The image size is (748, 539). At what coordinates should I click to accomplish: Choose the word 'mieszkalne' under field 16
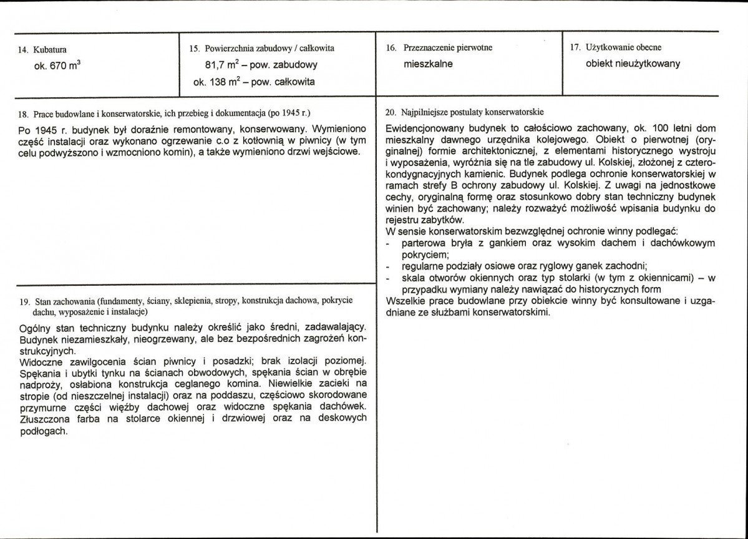pos(428,64)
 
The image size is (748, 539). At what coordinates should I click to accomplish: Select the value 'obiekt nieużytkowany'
pos(633,64)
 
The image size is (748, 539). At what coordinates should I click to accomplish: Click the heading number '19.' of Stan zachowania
pos(24,301)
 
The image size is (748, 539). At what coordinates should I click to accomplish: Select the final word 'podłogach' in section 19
pos(42,430)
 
